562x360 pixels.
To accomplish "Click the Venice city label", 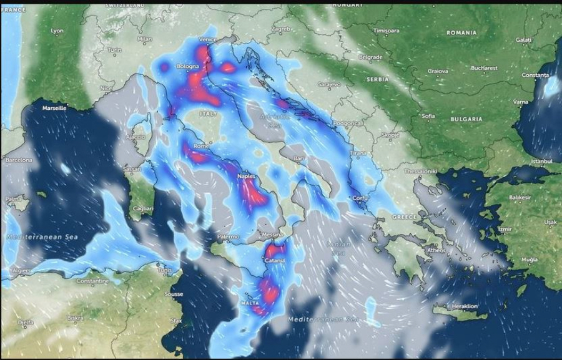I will coord(207,39).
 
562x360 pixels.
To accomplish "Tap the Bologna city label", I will coord(187,66).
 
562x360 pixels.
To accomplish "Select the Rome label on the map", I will coord(201,145).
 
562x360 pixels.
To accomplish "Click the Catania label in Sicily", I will coord(275,260).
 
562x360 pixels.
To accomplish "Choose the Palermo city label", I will coord(228,236).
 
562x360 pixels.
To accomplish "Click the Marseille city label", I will coord(54,108).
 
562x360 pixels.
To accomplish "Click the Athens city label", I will coord(436,250).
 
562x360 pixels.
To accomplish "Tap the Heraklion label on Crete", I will coord(464,306).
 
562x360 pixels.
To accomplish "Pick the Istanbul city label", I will coord(541,161).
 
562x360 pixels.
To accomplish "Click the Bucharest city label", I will coord(484,67).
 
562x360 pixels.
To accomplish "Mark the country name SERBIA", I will coord(377,80).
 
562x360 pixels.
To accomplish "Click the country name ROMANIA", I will coord(461,32).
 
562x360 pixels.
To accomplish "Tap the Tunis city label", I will coord(164,270).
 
